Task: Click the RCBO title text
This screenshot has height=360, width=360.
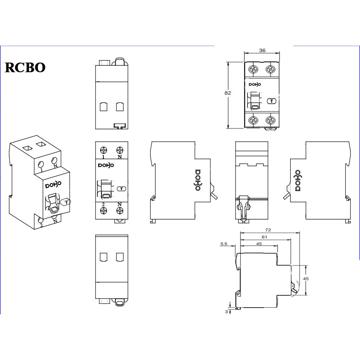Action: tap(25, 67)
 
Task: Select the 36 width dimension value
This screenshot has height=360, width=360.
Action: tap(262, 50)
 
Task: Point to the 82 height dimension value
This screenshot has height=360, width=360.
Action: tap(227, 93)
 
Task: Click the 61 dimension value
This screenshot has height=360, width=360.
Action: tap(264, 237)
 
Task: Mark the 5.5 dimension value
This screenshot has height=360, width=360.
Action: tap(224, 243)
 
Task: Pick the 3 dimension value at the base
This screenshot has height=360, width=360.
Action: tap(227, 311)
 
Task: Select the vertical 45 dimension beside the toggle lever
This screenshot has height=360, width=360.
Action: tap(306, 278)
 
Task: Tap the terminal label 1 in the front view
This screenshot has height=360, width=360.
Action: tap(104, 156)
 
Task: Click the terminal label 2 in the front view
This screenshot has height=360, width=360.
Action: tap(104, 204)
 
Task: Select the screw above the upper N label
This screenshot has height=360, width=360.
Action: tap(120, 149)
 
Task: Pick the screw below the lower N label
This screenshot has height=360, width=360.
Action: tap(120, 211)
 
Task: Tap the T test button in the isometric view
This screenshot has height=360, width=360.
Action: tap(66, 202)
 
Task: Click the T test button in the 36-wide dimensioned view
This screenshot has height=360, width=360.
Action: tap(272, 101)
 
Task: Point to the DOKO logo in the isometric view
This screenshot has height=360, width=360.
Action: tap(53, 185)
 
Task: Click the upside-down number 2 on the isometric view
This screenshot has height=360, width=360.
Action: tap(42, 225)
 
